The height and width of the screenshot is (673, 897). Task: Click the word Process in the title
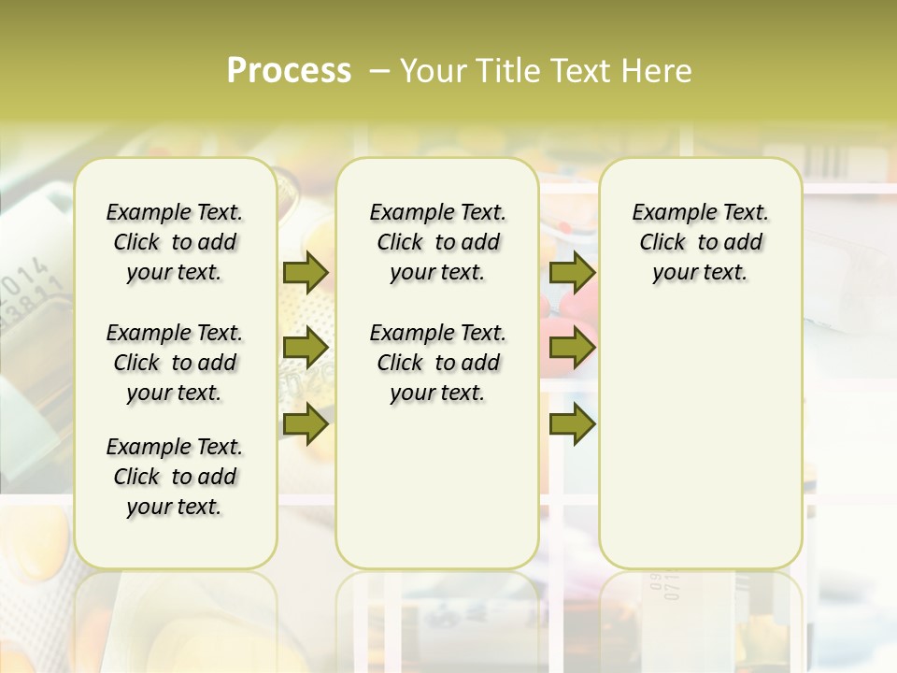289,71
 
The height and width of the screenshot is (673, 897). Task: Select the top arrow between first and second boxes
305,272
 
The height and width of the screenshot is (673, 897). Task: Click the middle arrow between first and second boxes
305,349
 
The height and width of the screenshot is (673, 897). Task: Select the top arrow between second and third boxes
572,272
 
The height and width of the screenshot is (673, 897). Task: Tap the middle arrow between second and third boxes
572,349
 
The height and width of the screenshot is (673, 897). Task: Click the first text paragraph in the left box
175,242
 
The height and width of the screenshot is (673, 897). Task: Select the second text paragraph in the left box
175,363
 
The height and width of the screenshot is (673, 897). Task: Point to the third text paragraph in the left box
175,477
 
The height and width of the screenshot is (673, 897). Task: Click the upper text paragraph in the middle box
437,242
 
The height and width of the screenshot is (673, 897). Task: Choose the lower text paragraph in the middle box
437,363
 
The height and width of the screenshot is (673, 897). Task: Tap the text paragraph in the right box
700,242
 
